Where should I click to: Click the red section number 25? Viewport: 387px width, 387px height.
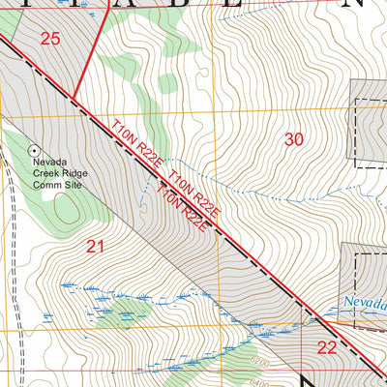point(50,39)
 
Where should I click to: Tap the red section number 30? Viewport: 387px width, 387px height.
point(294,139)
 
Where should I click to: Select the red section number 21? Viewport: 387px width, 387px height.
point(95,247)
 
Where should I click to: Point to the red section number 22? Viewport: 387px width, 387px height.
point(327,348)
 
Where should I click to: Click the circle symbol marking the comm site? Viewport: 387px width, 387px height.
point(35,150)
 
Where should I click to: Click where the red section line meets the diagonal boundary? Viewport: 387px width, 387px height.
point(74,97)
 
